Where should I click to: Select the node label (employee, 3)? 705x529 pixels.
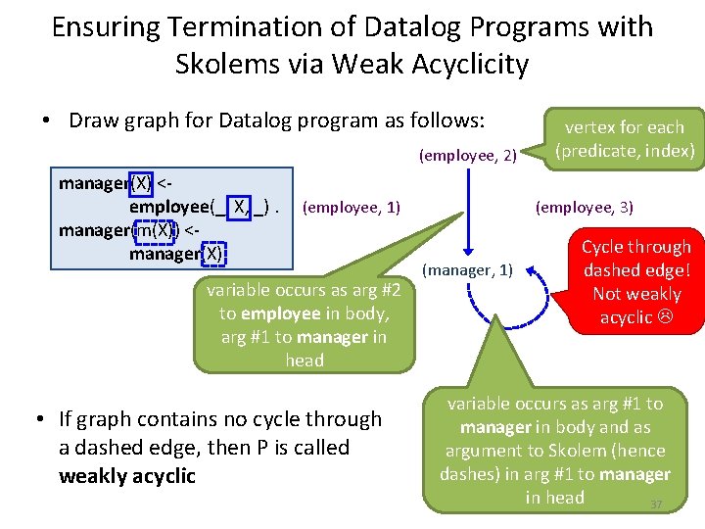[584, 207]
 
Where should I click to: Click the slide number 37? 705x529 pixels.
[657, 505]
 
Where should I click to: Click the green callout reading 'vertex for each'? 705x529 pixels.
[624, 127]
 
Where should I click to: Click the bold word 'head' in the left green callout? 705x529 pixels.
[305, 360]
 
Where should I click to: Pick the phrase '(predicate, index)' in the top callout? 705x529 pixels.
[624, 151]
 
